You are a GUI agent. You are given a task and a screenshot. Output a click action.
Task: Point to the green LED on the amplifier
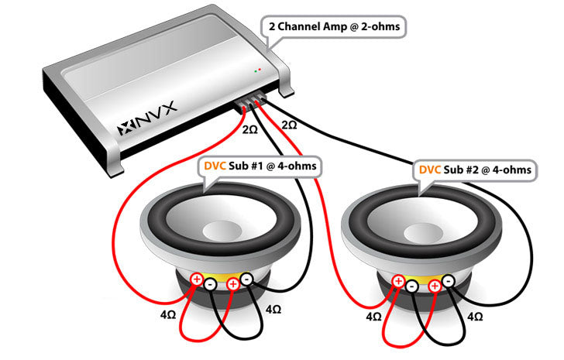(256, 70)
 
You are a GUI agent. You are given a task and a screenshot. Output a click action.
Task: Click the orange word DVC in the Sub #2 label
(431, 169)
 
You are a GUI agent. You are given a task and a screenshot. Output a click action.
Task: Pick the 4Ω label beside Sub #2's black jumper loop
(475, 317)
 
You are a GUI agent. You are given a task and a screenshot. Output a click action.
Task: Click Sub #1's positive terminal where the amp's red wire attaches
(197, 279)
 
